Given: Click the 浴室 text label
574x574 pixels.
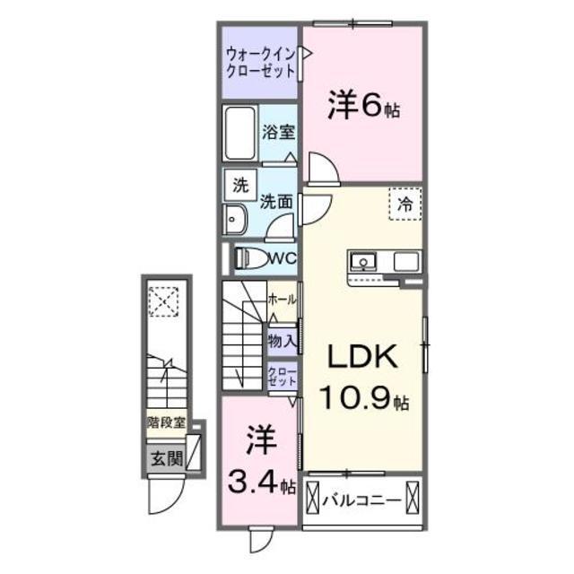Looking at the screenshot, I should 277,132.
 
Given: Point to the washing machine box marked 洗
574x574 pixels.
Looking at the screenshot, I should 239,187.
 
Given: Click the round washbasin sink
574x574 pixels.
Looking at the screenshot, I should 235,219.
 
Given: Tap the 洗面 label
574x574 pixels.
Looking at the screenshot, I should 277,202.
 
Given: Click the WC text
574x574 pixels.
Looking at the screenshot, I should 283,258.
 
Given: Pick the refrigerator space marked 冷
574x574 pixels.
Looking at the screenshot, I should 404,204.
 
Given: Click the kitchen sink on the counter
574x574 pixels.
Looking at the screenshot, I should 363,262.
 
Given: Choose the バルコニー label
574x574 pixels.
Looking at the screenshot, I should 361,496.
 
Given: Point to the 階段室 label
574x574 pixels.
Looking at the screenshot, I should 167,419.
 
